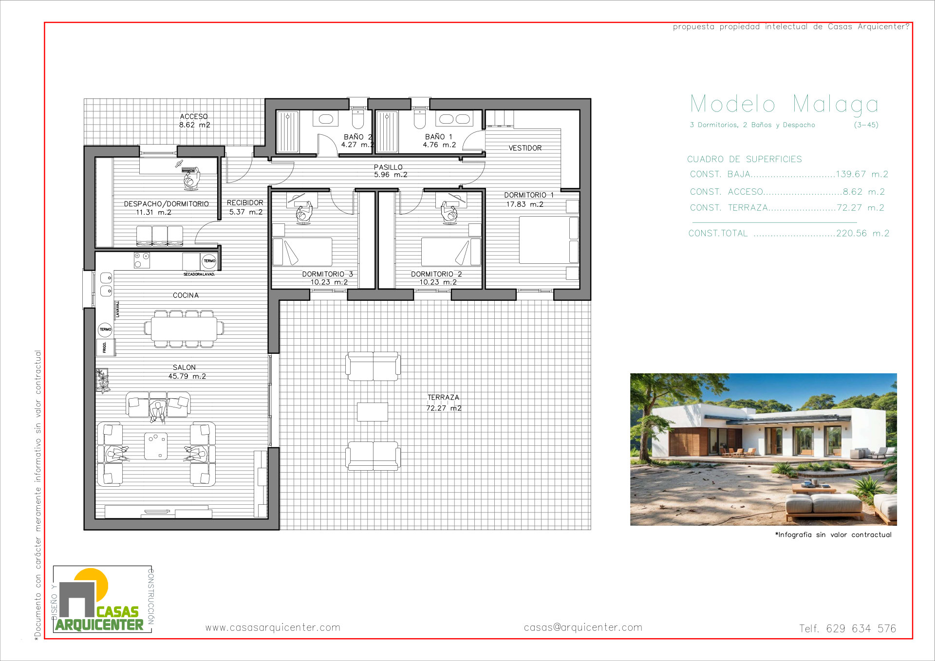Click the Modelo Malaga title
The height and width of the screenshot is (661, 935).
[x=784, y=104]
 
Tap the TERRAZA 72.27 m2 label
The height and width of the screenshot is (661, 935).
[x=443, y=403]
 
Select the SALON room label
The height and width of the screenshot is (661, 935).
[x=185, y=367]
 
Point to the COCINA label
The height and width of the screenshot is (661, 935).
[x=186, y=295]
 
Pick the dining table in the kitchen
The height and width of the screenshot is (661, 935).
[x=184, y=329]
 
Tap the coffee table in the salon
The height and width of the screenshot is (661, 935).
[x=156, y=446]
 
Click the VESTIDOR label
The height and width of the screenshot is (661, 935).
[x=525, y=148]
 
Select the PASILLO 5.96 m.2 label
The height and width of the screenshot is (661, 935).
[x=390, y=171]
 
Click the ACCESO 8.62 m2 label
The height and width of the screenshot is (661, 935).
[x=194, y=121]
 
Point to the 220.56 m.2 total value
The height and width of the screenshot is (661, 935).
[x=862, y=234]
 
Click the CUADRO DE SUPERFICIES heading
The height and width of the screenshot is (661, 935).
[x=744, y=159]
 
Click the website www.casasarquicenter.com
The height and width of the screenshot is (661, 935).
[x=273, y=627]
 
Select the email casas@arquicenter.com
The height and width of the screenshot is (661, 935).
[x=583, y=627]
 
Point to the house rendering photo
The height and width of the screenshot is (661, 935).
[x=763, y=449]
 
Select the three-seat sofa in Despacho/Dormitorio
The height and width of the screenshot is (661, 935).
[x=160, y=236]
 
